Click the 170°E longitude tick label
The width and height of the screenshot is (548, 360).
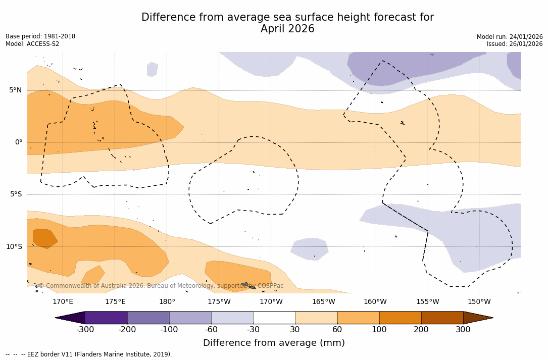pyautogui.click(x=63, y=302)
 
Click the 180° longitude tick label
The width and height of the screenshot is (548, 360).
pyautogui.click(x=167, y=302)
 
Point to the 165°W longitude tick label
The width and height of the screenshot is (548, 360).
pyautogui.click(x=323, y=302)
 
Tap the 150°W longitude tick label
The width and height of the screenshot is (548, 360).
pyautogui.click(x=479, y=302)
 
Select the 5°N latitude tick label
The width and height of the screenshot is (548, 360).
pyautogui.click(x=15, y=90)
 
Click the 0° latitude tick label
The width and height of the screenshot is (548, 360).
pyautogui.click(x=19, y=142)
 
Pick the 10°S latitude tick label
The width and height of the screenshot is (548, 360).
pyautogui.click(x=14, y=247)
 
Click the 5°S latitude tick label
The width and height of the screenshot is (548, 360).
pyautogui.click(x=15, y=194)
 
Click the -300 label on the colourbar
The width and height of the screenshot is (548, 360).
pyautogui.click(x=85, y=330)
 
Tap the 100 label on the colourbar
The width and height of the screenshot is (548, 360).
pyautogui.click(x=379, y=330)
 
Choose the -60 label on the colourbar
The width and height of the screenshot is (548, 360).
pyautogui.click(x=211, y=330)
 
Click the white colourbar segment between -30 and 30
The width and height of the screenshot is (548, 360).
pyautogui.click(x=274, y=318)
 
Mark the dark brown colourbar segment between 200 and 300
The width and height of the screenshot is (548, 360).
pyautogui.click(x=442, y=318)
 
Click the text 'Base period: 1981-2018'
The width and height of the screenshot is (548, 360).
pyautogui.click(x=40, y=37)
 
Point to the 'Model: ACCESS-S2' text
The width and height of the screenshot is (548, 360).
pyautogui.click(x=32, y=44)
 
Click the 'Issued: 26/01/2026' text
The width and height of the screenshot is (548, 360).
pyautogui.click(x=515, y=44)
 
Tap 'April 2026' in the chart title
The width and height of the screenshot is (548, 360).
pyautogui.click(x=287, y=29)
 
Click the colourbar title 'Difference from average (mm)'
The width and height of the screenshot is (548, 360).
pyautogui.click(x=274, y=343)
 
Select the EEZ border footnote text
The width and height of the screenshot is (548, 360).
pyautogui.click(x=89, y=354)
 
